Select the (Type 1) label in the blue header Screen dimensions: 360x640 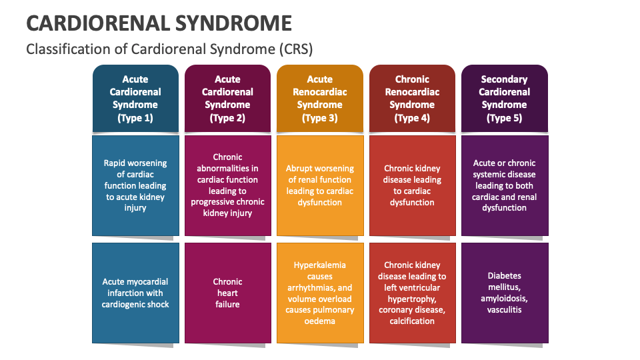135,118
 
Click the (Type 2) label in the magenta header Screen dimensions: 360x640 227,118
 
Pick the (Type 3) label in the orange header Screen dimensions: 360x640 319,118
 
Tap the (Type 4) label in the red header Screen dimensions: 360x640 412,118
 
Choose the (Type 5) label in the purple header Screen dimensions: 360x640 504,118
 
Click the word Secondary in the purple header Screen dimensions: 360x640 504,79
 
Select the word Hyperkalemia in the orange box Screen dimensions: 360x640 320,265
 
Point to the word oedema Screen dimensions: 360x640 320,321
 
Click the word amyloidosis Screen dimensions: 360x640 505,299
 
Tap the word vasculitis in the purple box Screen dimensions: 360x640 505,310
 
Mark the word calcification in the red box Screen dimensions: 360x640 412,321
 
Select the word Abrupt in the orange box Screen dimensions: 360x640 301,169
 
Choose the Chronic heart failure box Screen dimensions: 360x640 227,293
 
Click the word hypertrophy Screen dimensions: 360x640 412,299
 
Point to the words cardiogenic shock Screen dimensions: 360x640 135,305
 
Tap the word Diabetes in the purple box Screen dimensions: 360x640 505,276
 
